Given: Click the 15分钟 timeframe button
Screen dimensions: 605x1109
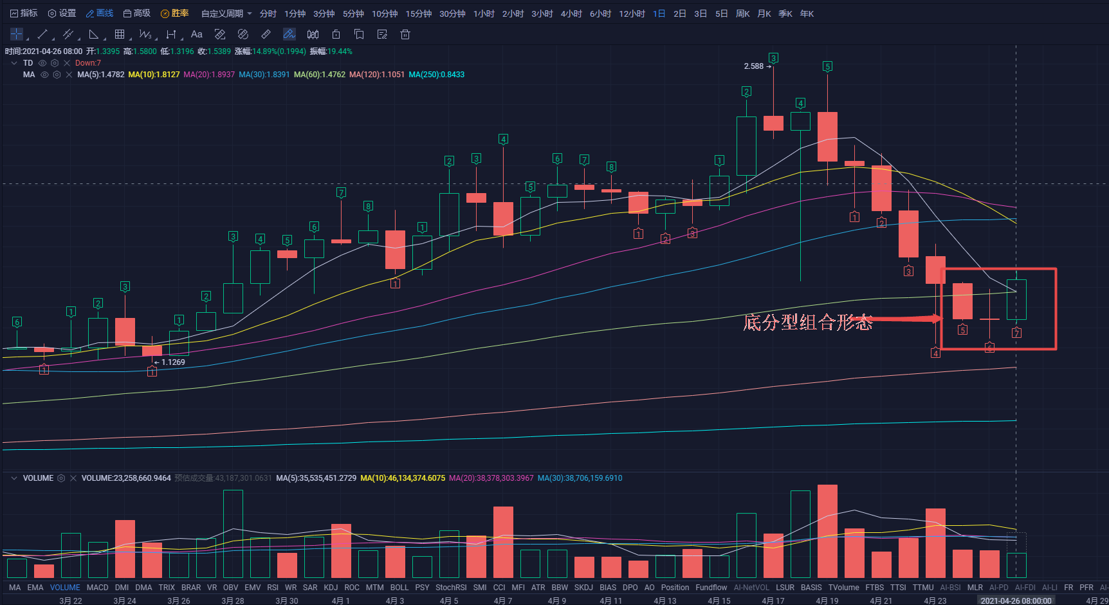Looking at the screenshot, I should (418, 14).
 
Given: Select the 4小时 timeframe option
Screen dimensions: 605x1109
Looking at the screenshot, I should (571, 14).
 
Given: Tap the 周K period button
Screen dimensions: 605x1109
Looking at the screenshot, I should (742, 14).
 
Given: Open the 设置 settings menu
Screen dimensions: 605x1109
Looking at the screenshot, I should (62, 14).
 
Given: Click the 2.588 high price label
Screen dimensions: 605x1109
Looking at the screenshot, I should (753, 66).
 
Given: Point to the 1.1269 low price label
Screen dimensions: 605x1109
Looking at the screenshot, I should (172, 362).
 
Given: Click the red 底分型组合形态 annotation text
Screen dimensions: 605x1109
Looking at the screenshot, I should (807, 322).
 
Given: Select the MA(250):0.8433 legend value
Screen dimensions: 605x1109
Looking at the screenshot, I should (436, 75).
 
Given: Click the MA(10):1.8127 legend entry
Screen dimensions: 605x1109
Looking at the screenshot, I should (154, 75).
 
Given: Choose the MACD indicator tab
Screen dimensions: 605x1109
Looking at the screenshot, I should (97, 588).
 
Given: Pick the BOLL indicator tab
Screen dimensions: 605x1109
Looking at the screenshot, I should (399, 588).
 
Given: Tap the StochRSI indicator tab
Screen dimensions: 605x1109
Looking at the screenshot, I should (450, 588).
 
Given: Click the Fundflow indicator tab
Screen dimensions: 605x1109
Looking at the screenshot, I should (711, 588).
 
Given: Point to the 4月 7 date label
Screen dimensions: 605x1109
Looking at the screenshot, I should (503, 600).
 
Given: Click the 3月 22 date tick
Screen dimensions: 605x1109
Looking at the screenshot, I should (71, 600).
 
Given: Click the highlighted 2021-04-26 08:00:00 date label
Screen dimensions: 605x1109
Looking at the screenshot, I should (1016, 600).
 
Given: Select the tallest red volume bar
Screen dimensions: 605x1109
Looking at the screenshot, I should (827, 531).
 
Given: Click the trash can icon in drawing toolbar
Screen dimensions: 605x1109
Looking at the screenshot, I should (405, 34).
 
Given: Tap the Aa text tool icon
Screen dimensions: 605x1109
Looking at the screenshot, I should (197, 34).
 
